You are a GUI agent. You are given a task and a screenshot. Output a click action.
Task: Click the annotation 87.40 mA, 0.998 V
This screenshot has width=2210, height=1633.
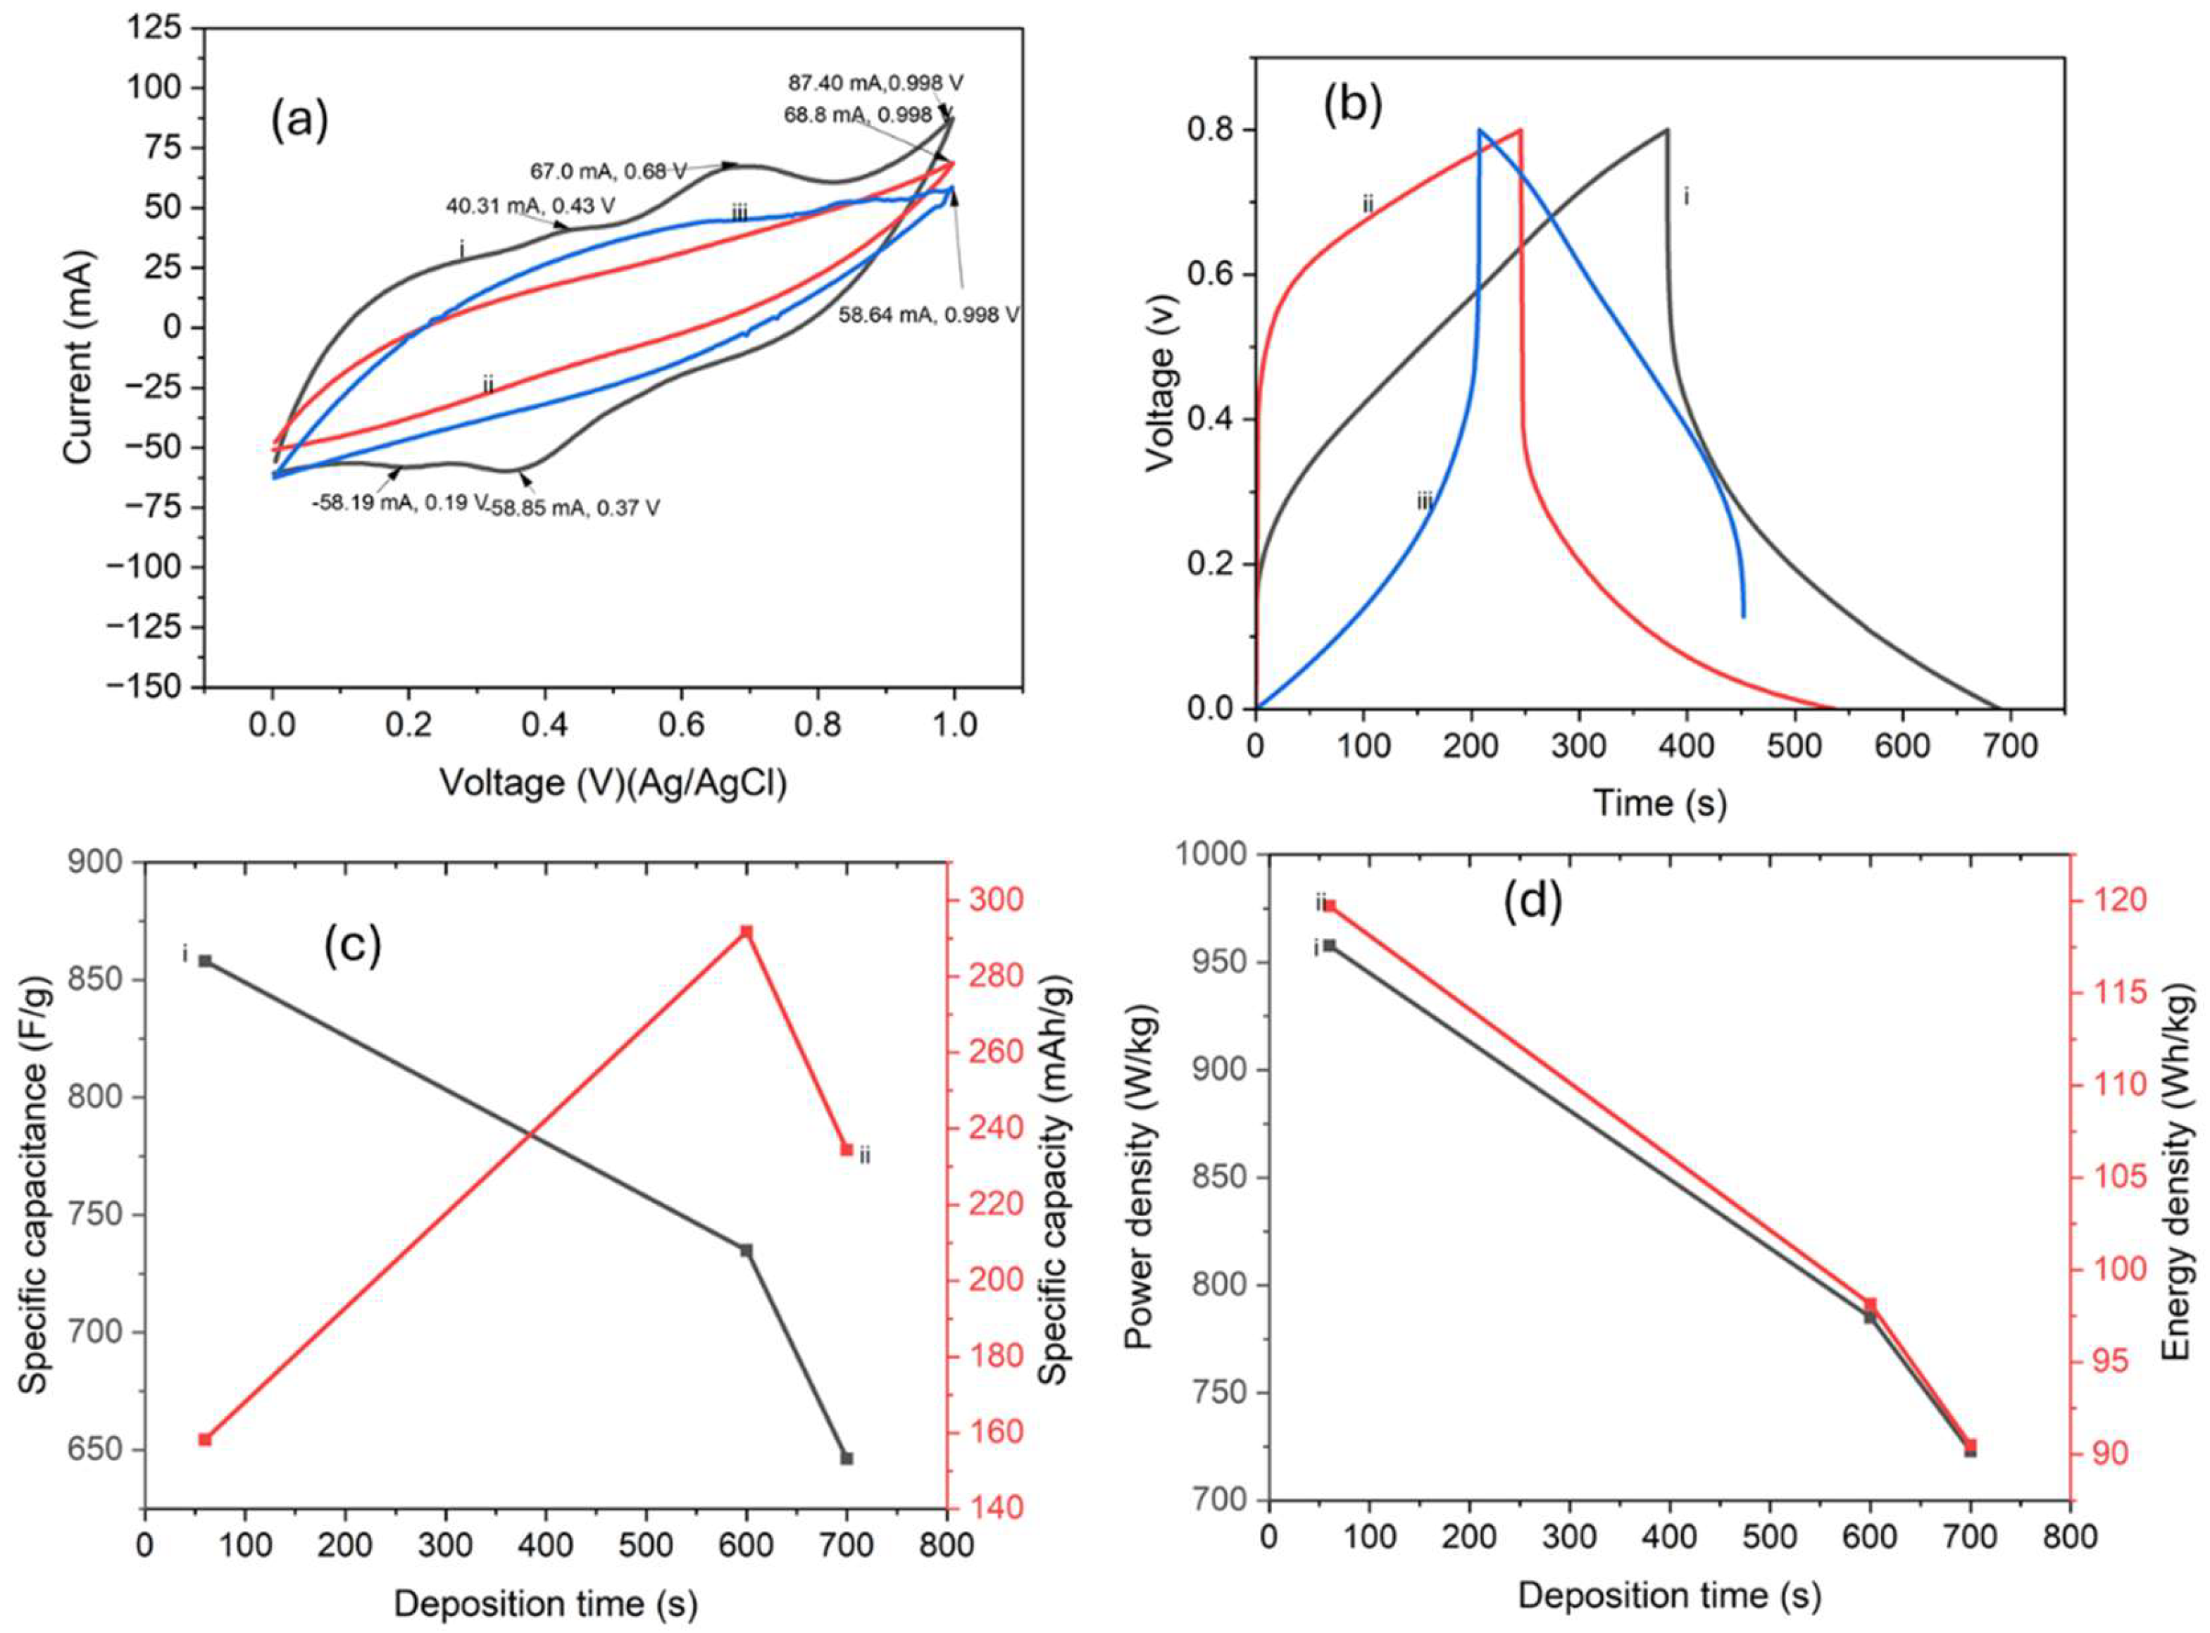(x=875, y=82)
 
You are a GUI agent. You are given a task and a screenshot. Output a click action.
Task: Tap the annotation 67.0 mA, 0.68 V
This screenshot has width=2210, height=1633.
(x=608, y=171)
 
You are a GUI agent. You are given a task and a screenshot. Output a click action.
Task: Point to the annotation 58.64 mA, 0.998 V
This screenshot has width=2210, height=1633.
(x=928, y=315)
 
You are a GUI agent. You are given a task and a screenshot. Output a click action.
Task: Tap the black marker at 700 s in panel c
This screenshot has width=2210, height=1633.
(x=846, y=1458)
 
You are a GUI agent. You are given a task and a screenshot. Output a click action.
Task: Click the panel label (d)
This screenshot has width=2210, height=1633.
(x=1533, y=901)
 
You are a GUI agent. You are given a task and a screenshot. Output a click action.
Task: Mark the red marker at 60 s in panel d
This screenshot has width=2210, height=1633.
(x=1330, y=906)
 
